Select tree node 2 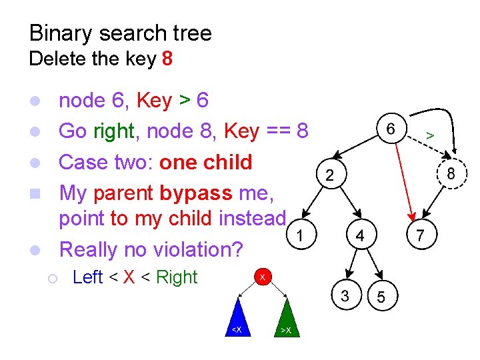point(329,175)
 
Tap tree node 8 point(451,174)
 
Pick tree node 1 point(301,235)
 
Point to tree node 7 point(420,235)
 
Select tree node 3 point(345,296)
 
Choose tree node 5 point(381,297)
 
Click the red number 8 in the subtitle point(167,59)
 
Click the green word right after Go point(114,131)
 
